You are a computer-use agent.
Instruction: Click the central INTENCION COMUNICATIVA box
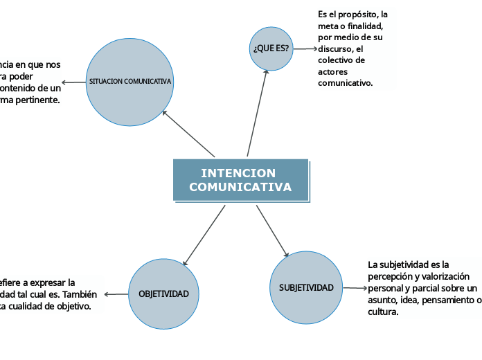click(240, 180)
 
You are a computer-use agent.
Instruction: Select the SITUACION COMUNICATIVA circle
click(130, 82)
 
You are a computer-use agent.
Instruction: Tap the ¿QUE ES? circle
click(271, 48)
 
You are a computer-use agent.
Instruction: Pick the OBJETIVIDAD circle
click(163, 294)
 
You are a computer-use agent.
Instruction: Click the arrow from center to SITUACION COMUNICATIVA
click(188, 134)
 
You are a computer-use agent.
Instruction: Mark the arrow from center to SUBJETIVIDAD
click(272, 231)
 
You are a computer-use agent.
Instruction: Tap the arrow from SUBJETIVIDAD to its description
click(355, 288)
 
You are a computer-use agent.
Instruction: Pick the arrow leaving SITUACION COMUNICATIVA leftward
click(74, 82)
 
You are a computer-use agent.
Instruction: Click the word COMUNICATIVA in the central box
click(240, 188)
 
